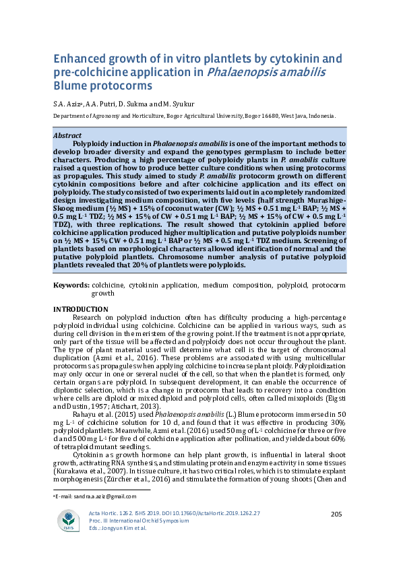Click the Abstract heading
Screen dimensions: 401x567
click(x=67, y=136)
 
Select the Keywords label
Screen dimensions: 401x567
click(x=71, y=286)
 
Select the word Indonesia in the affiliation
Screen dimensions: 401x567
click(x=317, y=116)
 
